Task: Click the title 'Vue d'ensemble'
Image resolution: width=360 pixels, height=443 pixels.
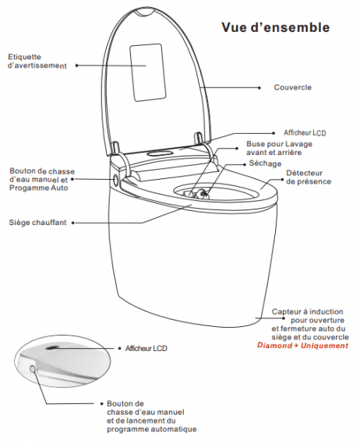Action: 275,27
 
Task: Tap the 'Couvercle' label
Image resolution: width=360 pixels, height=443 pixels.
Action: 293,87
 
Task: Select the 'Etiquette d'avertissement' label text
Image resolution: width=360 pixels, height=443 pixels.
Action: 37,62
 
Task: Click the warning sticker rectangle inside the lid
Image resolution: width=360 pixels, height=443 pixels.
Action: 147,72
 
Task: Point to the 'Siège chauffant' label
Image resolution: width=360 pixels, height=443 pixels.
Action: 37,223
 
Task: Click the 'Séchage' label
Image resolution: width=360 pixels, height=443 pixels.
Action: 265,163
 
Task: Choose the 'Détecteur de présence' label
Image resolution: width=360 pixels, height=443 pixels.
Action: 309,178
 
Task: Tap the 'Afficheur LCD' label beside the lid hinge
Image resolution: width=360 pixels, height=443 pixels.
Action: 305,132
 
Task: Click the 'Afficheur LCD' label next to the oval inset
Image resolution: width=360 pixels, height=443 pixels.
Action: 146,348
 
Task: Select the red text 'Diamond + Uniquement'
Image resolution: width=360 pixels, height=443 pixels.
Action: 302,346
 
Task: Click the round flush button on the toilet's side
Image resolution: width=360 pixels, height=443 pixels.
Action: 115,180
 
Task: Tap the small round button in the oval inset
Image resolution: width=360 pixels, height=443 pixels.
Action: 33,369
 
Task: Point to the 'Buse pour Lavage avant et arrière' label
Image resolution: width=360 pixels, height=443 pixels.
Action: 279,148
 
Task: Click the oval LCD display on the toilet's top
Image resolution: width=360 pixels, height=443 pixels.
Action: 160,153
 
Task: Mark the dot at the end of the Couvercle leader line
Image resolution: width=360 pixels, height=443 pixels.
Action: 259,88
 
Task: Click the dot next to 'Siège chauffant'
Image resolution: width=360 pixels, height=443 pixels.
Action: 72,223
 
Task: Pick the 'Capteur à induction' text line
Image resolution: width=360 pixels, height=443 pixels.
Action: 307,311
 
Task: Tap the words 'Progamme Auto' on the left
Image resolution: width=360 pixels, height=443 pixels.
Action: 39,188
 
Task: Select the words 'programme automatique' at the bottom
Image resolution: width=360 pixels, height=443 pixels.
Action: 152,430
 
